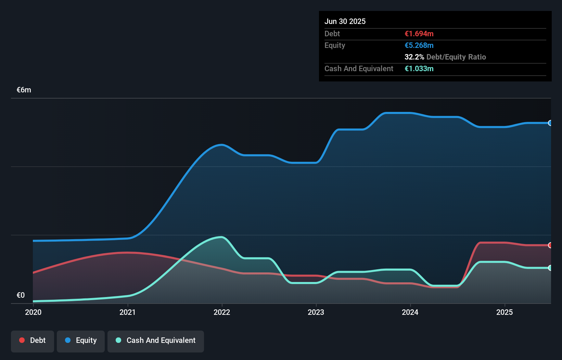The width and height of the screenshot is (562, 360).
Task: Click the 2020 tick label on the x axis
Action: pos(33,312)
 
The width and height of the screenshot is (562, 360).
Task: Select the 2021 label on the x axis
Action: pos(127,312)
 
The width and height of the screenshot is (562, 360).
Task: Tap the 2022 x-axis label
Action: pos(222,312)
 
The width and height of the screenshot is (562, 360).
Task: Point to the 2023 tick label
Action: pos(316,312)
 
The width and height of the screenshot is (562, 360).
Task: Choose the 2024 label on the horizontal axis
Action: pos(410,312)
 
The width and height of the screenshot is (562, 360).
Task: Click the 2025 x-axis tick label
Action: pos(504,312)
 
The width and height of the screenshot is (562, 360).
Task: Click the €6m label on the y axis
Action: pos(24,90)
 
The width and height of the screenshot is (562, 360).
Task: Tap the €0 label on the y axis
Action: pos(21,295)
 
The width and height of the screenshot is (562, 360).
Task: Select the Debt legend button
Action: pos(33,340)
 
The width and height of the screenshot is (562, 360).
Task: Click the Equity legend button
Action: pos(81,340)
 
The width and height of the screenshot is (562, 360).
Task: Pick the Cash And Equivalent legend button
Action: pos(156,340)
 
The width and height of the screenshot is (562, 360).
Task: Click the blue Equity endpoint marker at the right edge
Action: pos(550,123)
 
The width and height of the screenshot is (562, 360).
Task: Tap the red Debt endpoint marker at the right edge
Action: pos(550,245)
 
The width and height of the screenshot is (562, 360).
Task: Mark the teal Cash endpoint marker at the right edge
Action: pos(550,268)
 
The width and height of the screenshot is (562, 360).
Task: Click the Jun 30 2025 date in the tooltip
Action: pos(345,21)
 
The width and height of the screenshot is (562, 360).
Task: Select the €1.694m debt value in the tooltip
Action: pos(419,34)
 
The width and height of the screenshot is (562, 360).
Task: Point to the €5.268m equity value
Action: pos(419,46)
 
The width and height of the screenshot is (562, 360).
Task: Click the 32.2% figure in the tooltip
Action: pos(414,57)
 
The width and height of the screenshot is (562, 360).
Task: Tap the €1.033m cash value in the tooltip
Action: pos(419,69)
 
